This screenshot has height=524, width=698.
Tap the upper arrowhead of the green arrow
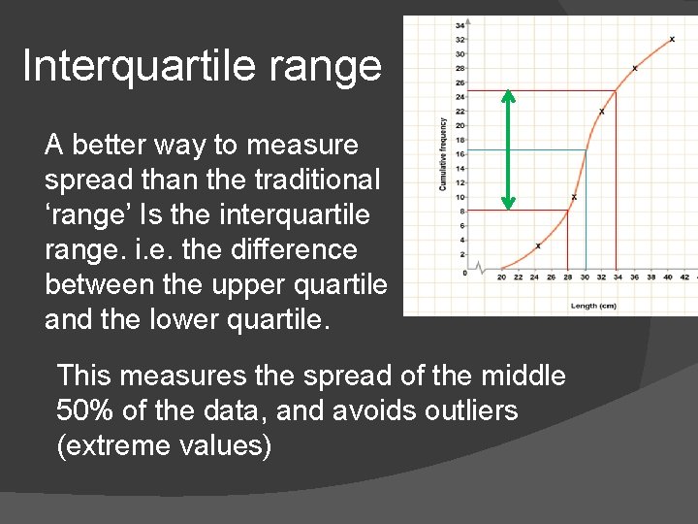click(508, 95)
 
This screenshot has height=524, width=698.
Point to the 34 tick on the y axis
click(460, 26)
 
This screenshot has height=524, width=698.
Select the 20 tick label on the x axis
click(501, 278)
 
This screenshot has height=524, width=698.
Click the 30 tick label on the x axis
click(584, 278)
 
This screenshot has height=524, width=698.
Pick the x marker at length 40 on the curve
click(672, 40)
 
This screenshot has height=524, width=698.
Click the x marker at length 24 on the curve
click(538, 246)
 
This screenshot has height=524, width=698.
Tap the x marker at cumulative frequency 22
click(602, 112)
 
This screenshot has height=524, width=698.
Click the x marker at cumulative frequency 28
click(635, 68)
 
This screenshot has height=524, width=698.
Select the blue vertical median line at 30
click(585, 213)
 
